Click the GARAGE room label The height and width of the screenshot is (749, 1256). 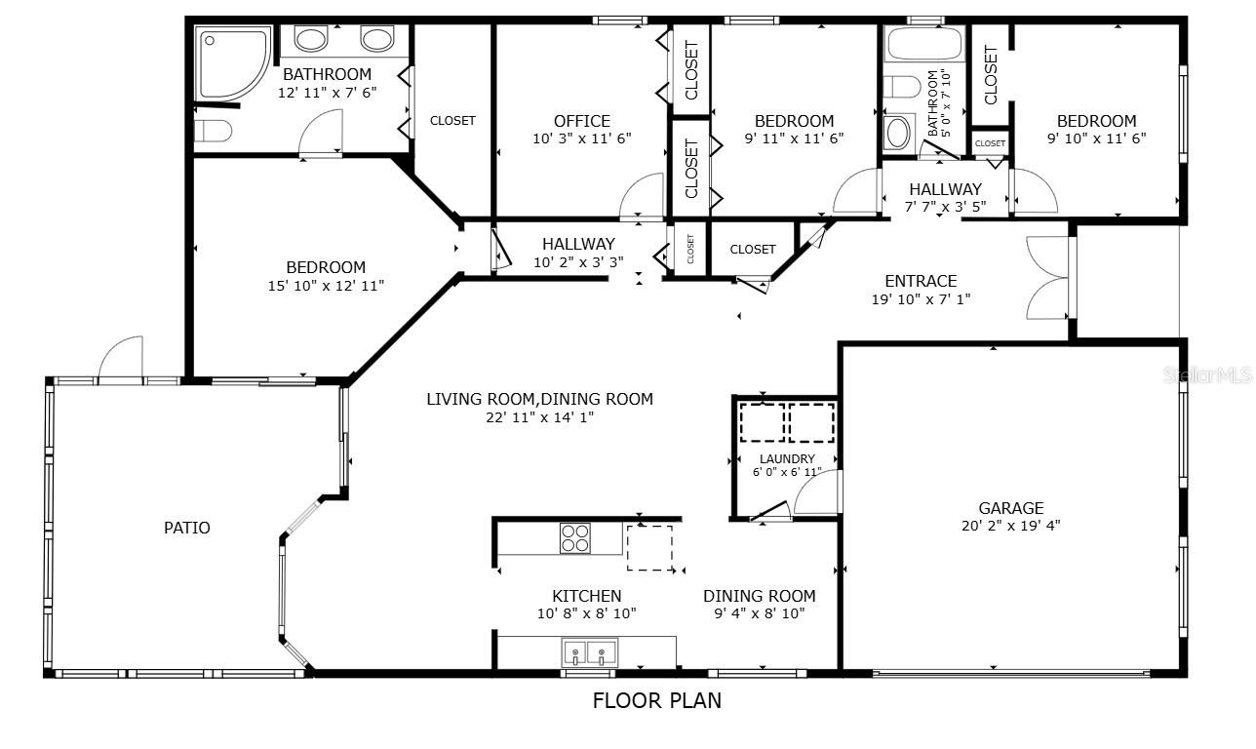[x=1010, y=508]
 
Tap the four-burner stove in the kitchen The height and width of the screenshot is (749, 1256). [x=574, y=538]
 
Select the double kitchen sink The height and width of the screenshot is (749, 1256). [x=589, y=652]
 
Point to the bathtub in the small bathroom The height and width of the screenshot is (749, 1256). [x=924, y=43]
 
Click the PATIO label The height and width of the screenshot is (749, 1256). [x=186, y=528]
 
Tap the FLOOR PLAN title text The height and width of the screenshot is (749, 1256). [x=656, y=700]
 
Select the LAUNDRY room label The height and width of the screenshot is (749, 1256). [x=787, y=458]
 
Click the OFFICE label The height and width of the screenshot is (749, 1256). [x=582, y=121]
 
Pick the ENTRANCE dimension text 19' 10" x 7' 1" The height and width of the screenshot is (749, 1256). [x=921, y=299]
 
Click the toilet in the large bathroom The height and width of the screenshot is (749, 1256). [x=213, y=132]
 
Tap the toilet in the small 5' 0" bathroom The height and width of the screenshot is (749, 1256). [x=902, y=87]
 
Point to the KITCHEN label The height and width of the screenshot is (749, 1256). [x=586, y=595]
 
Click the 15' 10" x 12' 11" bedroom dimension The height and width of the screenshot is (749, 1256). [x=326, y=286]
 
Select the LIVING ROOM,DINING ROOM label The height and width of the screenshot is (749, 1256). [x=539, y=399]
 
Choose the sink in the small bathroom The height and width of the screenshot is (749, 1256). [x=898, y=133]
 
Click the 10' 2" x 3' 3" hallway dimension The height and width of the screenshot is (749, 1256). [x=578, y=262]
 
